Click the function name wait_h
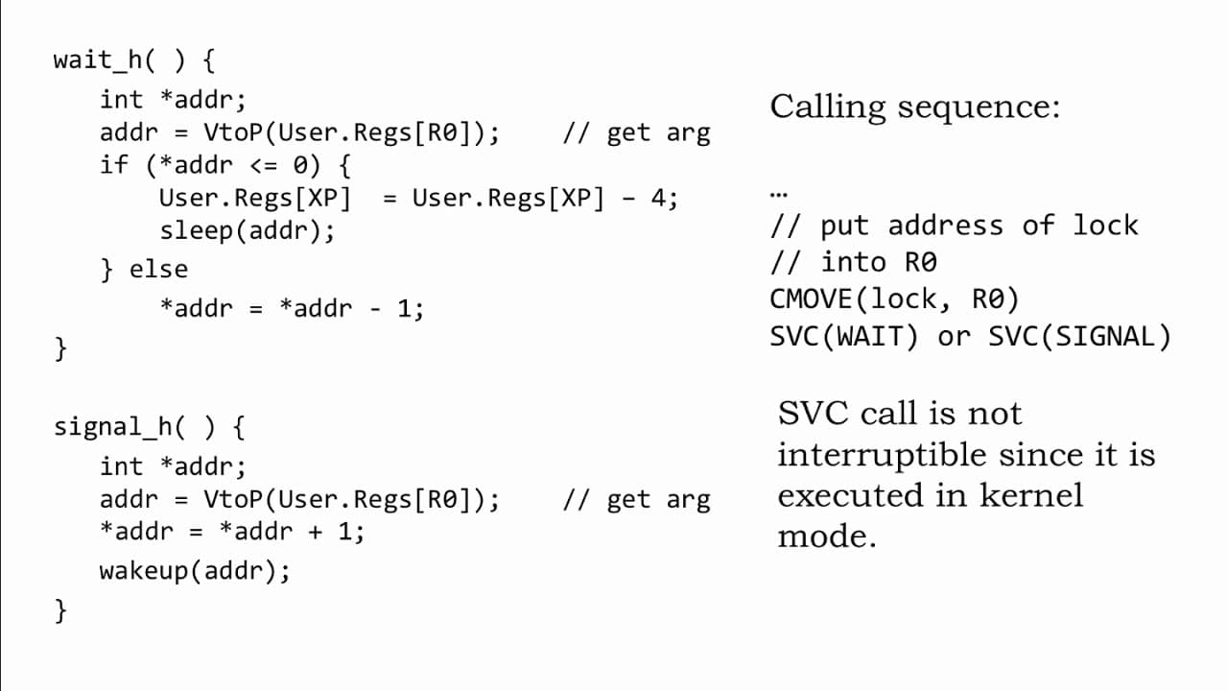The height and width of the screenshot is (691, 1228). [x=98, y=60]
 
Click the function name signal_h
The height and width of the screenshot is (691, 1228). [x=113, y=427]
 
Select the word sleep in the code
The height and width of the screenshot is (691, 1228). [x=197, y=231]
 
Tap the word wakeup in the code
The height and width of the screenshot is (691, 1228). [x=144, y=571]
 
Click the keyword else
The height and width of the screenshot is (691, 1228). [x=158, y=270]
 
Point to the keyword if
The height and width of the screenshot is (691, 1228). [x=113, y=164]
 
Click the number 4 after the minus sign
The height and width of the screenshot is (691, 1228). [x=658, y=198]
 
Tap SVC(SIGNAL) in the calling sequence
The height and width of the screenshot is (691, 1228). [x=1079, y=337]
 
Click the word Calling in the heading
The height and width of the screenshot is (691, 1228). [x=828, y=107]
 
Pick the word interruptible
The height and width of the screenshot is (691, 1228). [x=883, y=456]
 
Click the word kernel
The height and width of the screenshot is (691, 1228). [x=1031, y=496]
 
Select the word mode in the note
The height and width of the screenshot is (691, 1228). [x=827, y=536]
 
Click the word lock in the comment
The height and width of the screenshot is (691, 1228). [x=1105, y=226]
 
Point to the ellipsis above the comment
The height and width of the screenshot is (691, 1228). [x=778, y=194]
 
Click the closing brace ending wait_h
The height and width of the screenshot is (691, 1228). [x=60, y=348]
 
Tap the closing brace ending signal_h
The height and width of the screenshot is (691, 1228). [x=60, y=611]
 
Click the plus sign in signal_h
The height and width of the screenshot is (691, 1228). [x=316, y=532]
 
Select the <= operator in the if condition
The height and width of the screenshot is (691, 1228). [x=264, y=165]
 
